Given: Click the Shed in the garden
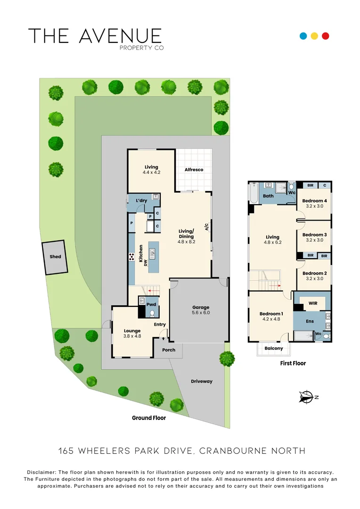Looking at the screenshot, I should click(x=55, y=257).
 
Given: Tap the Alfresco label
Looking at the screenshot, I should click(x=194, y=170).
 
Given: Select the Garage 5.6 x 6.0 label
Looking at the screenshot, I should click(x=200, y=310).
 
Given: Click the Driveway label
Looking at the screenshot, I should click(x=201, y=381).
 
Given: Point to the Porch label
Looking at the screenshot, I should click(x=169, y=350).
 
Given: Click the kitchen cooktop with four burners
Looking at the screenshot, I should click(x=131, y=257).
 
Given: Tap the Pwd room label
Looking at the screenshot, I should click(x=151, y=305).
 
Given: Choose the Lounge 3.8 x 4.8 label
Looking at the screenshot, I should click(x=132, y=334).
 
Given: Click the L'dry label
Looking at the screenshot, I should click(x=141, y=201).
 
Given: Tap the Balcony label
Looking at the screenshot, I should click(x=274, y=348).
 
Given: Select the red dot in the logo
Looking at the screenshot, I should click(x=325, y=36).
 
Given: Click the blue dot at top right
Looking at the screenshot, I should click(x=303, y=36).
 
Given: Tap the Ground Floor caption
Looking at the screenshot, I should click(x=148, y=418).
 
